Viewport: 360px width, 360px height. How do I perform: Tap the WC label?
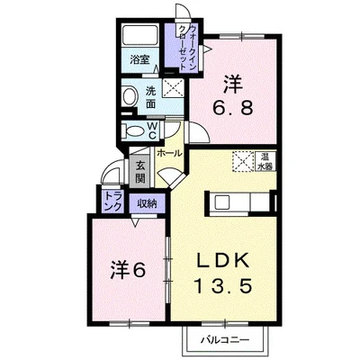coord(152,130)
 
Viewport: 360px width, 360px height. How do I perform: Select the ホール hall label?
coord(169,154)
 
